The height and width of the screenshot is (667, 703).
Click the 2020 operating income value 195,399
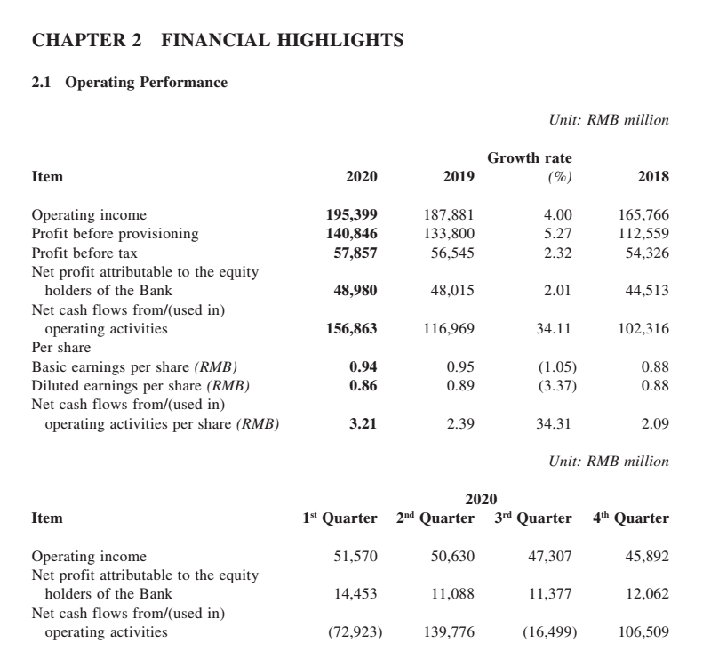(353, 214)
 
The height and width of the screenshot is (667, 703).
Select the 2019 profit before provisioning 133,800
(451, 234)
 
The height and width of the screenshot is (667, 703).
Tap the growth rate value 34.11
(554, 329)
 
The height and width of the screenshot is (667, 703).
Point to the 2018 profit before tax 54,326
(644, 253)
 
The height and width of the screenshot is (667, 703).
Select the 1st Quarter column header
(340, 518)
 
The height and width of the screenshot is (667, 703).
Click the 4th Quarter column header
(631, 518)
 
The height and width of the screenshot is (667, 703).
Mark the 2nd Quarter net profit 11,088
(452, 594)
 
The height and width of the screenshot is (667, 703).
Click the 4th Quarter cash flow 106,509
(641, 632)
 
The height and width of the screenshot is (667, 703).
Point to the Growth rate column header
(530, 158)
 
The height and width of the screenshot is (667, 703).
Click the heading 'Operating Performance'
(147, 83)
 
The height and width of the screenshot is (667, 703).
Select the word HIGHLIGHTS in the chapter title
(330, 40)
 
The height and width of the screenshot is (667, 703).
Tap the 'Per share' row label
(61, 348)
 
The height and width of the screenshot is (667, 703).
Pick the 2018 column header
(653, 177)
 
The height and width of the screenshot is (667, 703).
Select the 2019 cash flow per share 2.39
(459, 423)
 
